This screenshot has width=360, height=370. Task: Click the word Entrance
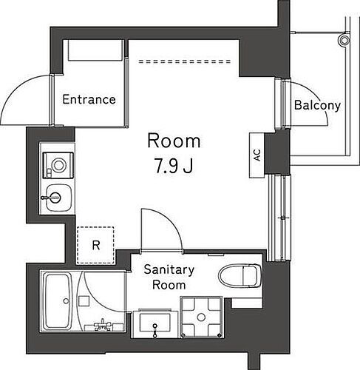tap(89, 99)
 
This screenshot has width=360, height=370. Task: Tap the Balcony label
tap(317, 105)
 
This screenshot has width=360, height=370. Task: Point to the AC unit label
tap(257, 155)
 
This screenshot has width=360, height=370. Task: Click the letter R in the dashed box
tap(95, 244)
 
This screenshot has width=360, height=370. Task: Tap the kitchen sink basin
tap(55, 198)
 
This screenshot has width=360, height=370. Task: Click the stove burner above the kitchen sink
tap(55, 163)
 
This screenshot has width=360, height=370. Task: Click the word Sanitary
tap(169, 270)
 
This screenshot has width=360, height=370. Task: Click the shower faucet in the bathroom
tap(102, 326)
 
